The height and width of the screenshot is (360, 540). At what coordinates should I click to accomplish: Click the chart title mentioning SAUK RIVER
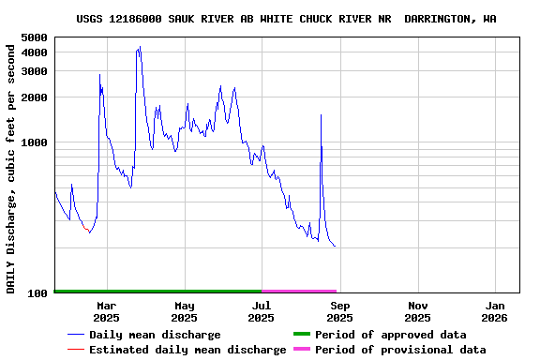pos(286,19)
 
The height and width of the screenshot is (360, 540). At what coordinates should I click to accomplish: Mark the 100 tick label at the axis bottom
pos(38,293)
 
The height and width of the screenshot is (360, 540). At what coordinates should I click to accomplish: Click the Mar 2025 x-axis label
pos(107,311)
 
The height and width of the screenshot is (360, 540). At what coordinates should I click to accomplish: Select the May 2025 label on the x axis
pos(185,311)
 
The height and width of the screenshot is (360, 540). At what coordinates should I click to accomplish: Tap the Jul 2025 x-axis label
pos(262,311)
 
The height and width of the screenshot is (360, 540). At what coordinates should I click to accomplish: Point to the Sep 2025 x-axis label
pos(340,311)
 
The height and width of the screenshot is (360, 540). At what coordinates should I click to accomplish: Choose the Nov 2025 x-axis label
pos(418,311)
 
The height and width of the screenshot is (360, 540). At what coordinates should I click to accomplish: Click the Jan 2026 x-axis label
pos(496,311)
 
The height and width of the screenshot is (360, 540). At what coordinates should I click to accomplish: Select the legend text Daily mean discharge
pos(155,335)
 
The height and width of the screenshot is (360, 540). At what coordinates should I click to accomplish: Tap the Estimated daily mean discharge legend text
pos(187,350)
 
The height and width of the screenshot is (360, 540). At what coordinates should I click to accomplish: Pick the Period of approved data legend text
pos(390,335)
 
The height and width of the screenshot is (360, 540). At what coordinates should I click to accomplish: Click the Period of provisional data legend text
pos(400,350)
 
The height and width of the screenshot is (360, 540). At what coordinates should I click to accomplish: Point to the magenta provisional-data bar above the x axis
pos(299,292)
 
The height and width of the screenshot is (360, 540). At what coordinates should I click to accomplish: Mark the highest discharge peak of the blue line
pos(140,47)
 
